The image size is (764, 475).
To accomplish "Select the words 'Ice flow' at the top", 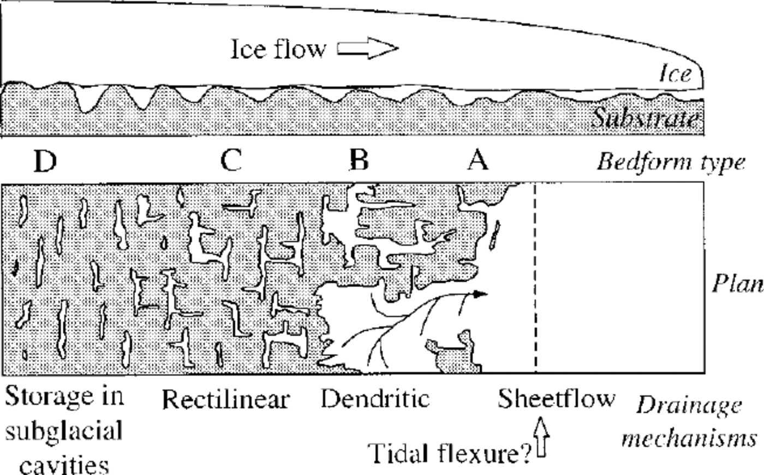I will (x=278, y=49).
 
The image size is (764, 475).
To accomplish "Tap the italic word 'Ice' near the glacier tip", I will (x=676, y=73).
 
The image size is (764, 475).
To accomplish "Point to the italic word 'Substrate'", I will (x=646, y=117).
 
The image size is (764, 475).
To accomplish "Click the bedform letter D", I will (x=45, y=162).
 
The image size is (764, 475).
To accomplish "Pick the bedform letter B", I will (x=359, y=162).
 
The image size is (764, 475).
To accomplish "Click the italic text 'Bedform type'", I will (x=670, y=163).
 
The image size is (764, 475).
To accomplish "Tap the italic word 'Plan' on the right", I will (x=737, y=284).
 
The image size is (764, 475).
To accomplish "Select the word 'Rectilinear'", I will (x=225, y=400).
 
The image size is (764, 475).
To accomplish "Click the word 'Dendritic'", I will (x=375, y=399).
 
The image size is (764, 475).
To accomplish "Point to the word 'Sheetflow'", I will (x=556, y=399).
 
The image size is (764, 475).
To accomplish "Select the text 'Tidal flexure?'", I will (x=449, y=453).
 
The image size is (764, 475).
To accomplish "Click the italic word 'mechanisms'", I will (x=689, y=438).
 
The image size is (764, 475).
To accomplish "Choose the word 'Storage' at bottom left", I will (x=48, y=397).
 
